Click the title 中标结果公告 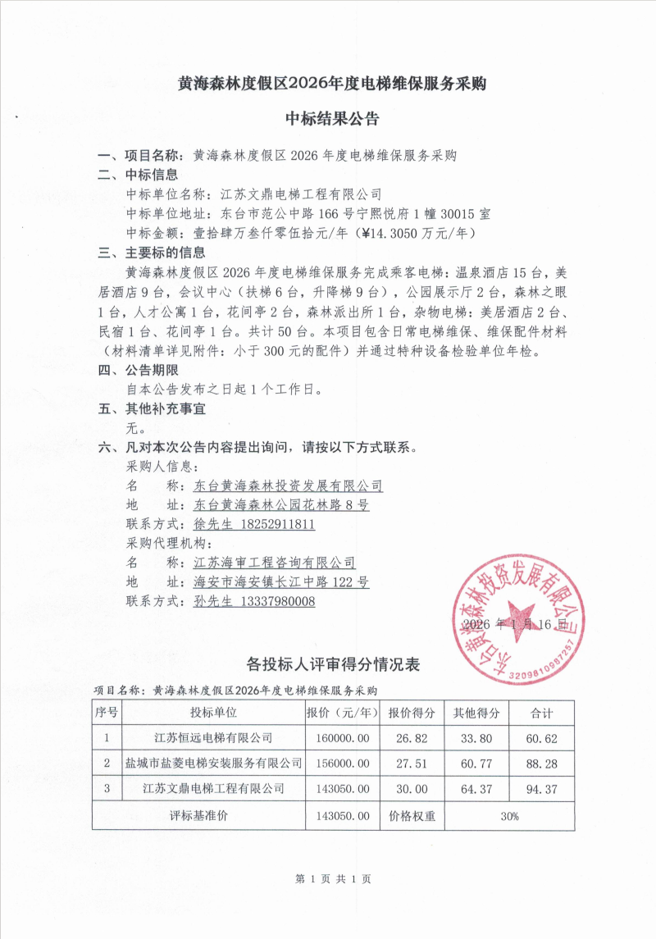tap(332, 120)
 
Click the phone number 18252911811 tap(278, 524)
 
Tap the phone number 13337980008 tap(278, 601)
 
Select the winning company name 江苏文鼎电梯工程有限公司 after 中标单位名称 tap(302, 194)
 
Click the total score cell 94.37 tap(541, 789)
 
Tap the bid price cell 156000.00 tap(342, 764)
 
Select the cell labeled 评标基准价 tap(198, 816)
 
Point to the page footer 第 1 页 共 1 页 tap(332, 878)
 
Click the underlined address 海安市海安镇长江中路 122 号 tap(281, 581)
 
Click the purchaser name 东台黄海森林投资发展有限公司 tap(288, 485)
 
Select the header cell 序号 tap(107, 712)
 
